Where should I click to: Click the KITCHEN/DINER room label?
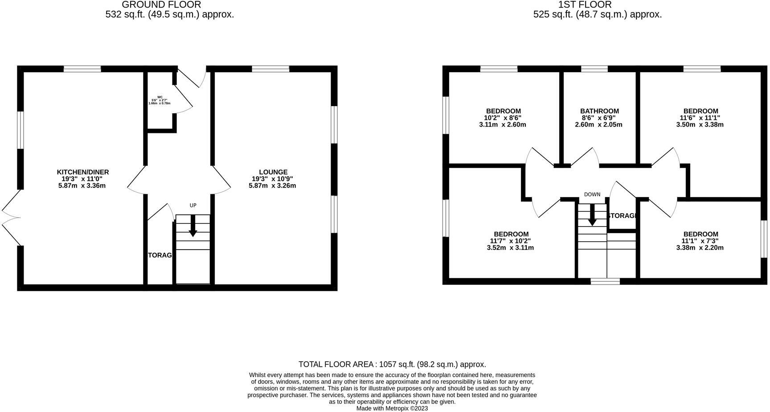(x=82, y=172)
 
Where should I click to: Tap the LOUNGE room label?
(x=273, y=172)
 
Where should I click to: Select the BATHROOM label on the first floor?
(x=599, y=111)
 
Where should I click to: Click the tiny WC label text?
(x=159, y=96)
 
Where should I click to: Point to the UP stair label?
(x=193, y=206)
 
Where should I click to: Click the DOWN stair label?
(x=592, y=194)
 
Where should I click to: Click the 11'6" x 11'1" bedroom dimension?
(x=700, y=118)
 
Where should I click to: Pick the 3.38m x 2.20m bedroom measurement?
(x=700, y=247)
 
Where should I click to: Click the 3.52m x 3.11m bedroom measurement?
(x=510, y=247)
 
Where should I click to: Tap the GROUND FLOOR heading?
(x=161, y=5)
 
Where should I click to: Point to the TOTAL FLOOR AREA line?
(x=392, y=364)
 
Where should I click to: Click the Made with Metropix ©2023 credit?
(x=392, y=408)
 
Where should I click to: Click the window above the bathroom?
(x=594, y=69)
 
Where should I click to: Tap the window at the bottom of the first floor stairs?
(x=605, y=281)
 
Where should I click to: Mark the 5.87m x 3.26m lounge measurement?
(x=272, y=185)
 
